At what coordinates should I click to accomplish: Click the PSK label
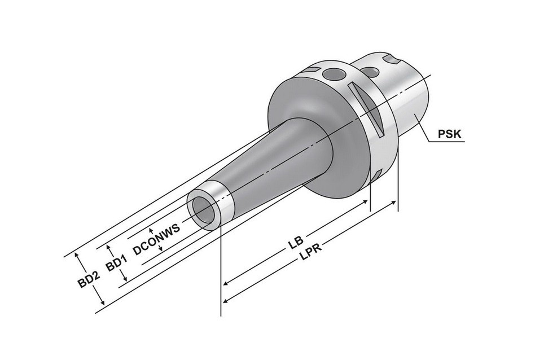tap(449, 134)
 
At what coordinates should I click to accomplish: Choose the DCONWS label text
tap(157, 240)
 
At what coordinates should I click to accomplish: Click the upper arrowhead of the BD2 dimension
tap(77, 255)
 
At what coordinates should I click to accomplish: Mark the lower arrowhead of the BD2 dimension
tap(102, 302)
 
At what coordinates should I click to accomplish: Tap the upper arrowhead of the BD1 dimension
tap(109, 247)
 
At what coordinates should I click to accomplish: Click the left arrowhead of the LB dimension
tap(226, 283)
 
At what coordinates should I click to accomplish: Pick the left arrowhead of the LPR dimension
tap(226, 300)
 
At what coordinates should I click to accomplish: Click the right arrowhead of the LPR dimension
tap(393, 203)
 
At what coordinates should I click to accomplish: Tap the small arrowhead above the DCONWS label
tap(151, 230)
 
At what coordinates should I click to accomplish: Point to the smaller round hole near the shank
tap(369, 71)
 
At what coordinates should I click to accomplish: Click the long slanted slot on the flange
tap(366, 108)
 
